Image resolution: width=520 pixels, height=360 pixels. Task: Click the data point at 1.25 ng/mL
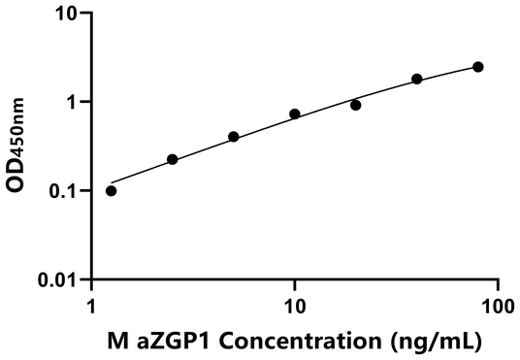(111, 190)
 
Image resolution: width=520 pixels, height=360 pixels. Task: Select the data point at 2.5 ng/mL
(173, 159)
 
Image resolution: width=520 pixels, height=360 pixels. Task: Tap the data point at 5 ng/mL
(234, 137)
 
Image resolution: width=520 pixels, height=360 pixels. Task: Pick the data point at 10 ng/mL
(295, 114)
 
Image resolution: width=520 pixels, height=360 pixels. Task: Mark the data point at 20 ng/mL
(356, 105)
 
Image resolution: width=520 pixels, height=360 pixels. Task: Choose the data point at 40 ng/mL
(417, 79)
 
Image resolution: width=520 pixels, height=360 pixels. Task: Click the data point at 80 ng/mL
(478, 67)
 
